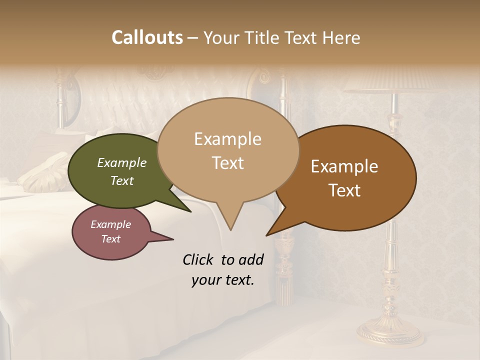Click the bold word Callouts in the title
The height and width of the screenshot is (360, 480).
[147, 37]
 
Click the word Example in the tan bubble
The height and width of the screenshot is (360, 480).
[228, 139]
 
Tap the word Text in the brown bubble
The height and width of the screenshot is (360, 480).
[344, 190]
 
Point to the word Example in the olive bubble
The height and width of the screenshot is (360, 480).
[122, 163]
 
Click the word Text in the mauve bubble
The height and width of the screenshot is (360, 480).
[111, 239]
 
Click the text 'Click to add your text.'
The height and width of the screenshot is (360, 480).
[223, 270]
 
